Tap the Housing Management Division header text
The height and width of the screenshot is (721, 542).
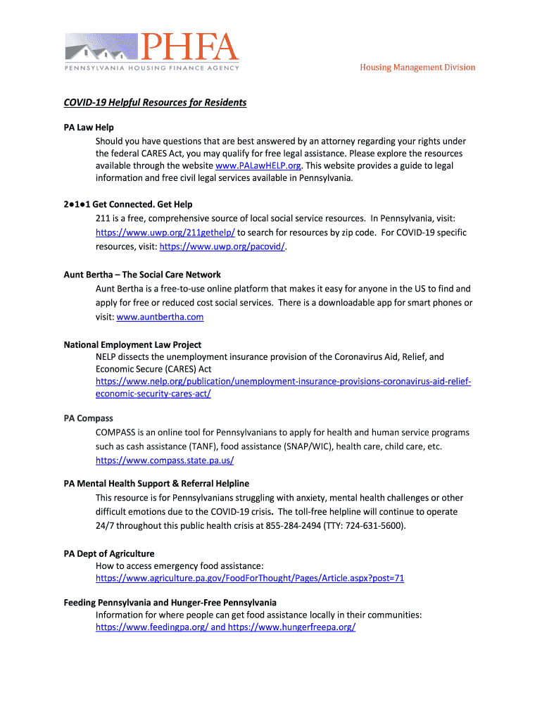pos(417,68)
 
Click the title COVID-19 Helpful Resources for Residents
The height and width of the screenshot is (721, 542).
pos(155,103)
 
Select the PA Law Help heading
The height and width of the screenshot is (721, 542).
pos(89,127)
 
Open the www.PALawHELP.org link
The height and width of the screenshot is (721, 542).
pos(258,165)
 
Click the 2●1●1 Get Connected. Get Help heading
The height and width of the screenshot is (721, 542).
pos(128,204)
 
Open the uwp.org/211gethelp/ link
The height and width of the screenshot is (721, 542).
pos(165,232)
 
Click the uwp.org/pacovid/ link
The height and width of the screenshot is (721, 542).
pos(223,246)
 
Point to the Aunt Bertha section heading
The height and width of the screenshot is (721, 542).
pos(142,275)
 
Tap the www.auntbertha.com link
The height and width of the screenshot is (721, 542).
pos(160,317)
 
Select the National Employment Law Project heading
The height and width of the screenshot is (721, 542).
pos(132,345)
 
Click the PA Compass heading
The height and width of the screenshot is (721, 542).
pos(89,418)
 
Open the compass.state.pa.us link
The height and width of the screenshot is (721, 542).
pos(165,460)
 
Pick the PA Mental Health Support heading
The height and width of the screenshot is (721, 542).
pos(156,484)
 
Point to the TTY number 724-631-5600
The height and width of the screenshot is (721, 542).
pos(374,526)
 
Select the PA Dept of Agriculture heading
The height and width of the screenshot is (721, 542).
pos(109,553)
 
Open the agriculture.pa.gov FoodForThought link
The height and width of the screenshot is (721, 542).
pos(250,579)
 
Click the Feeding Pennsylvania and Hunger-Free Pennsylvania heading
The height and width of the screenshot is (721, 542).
pos(170,603)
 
